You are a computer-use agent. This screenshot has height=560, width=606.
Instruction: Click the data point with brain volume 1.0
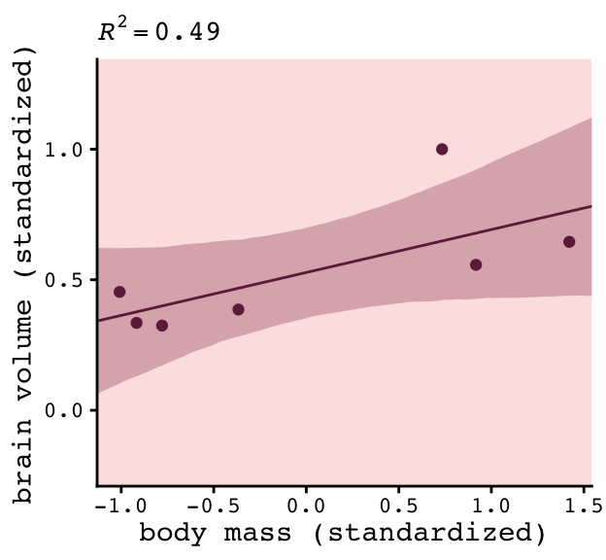[x=442, y=149]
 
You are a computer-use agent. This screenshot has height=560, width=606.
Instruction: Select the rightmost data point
[x=569, y=241]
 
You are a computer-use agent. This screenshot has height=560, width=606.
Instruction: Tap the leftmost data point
[x=119, y=292]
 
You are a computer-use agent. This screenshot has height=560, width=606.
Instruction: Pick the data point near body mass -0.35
[x=238, y=309]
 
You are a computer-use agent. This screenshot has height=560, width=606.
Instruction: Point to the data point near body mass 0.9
[x=476, y=264]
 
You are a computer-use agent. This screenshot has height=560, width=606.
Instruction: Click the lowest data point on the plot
[x=162, y=326]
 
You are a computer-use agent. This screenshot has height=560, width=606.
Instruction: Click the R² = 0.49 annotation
[x=159, y=30]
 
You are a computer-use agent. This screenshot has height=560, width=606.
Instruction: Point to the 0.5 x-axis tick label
[x=398, y=506]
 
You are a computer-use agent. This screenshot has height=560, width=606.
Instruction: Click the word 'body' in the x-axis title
[x=171, y=534]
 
